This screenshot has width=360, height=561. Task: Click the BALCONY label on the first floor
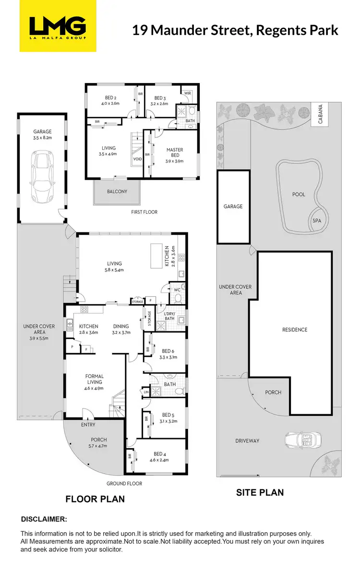click(x=117, y=192)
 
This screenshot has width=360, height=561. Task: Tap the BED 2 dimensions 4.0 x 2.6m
click(x=110, y=103)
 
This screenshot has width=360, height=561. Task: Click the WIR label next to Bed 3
click(x=188, y=93)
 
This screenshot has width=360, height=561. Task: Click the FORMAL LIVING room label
click(x=95, y=379)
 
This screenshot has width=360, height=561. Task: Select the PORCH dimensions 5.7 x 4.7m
click(x=99, y=446)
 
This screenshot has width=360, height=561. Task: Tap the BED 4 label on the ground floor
click(x=159, y=454)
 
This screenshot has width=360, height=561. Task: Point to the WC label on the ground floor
click(x=177, y=290)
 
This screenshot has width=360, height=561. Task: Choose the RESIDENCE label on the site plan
click(x=295, y=329)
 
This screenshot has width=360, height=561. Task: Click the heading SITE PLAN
click(x=259, y=492)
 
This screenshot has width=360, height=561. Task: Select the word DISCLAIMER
click(x=44, y=519)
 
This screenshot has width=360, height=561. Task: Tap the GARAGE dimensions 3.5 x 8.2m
click(x=42, y=138)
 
